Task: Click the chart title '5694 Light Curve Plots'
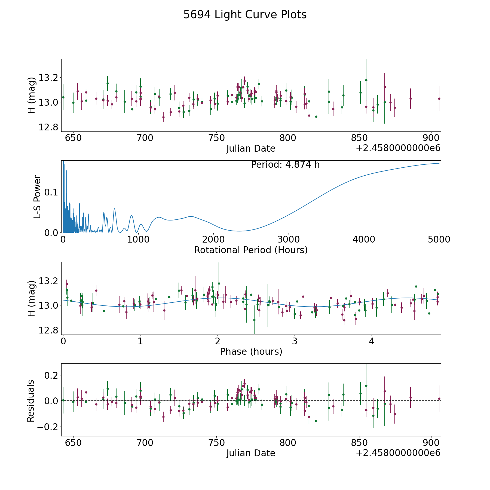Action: tap(245, 15)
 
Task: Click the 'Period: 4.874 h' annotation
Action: tap(285, 165)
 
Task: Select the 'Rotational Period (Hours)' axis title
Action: tap(251, 250)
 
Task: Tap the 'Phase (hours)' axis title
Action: tap(251, 351)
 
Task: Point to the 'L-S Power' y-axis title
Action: tap(37, 197)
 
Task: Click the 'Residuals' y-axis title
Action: tap(30, 401)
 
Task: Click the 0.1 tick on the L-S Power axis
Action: tap(51, 192)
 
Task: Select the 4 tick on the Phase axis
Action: tap(372, 341)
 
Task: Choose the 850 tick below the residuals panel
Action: tap(360, 443)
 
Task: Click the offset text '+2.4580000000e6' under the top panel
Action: tap(398, 148)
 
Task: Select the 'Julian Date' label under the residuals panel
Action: tap(251, 453)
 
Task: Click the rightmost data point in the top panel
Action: tap(439, 99)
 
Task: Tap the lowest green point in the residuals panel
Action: tap(316, 421)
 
